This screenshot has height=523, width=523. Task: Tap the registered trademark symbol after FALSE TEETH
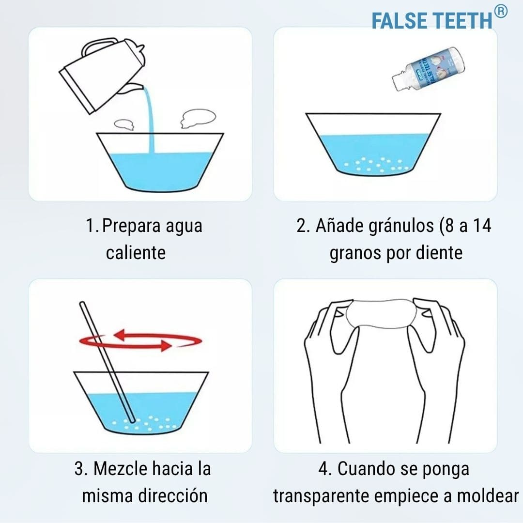[501, 11]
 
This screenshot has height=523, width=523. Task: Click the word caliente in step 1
[136, 252]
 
